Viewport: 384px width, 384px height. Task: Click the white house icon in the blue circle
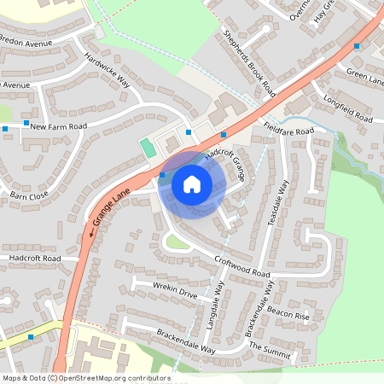pyautogui.click(x=191, y=183)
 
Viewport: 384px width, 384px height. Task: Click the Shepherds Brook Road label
pyautogui.click(x=249, y=62)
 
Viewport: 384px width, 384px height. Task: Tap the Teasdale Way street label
pyautogui.click(x=281, y=202)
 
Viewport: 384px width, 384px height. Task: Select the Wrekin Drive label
pyautogui.click(x=175, y=291)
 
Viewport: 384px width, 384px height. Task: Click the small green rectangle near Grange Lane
pyautogui.click(x=148, y=147)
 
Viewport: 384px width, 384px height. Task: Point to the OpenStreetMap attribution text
pyautogui.click(x=85, y=378)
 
